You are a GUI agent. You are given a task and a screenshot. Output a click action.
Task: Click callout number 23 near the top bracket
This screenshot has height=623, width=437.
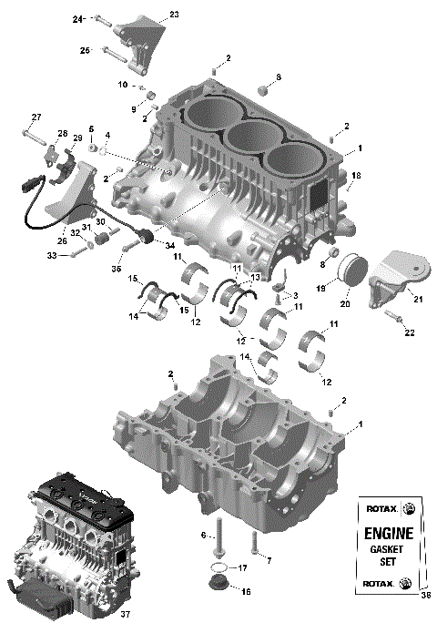pos(174,15)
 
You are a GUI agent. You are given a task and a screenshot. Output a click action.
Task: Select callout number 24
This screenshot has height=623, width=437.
pos(76,18)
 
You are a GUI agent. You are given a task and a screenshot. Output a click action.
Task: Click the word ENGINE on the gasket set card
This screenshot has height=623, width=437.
pos(390,534)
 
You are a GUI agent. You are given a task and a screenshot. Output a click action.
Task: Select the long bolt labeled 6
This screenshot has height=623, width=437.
pos(219,546)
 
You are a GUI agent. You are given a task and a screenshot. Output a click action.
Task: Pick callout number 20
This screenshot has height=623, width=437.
pos(343,304)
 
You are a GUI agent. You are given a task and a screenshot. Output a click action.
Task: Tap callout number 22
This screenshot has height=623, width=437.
pos(410,333)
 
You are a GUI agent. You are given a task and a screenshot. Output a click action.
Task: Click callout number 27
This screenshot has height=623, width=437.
pos(36,116)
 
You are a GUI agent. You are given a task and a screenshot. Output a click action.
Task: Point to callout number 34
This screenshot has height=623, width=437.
pos(171,244)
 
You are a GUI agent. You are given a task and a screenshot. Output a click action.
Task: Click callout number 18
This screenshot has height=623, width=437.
pos(356,175)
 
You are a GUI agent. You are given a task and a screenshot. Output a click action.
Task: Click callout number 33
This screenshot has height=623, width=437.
pos(52,256)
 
